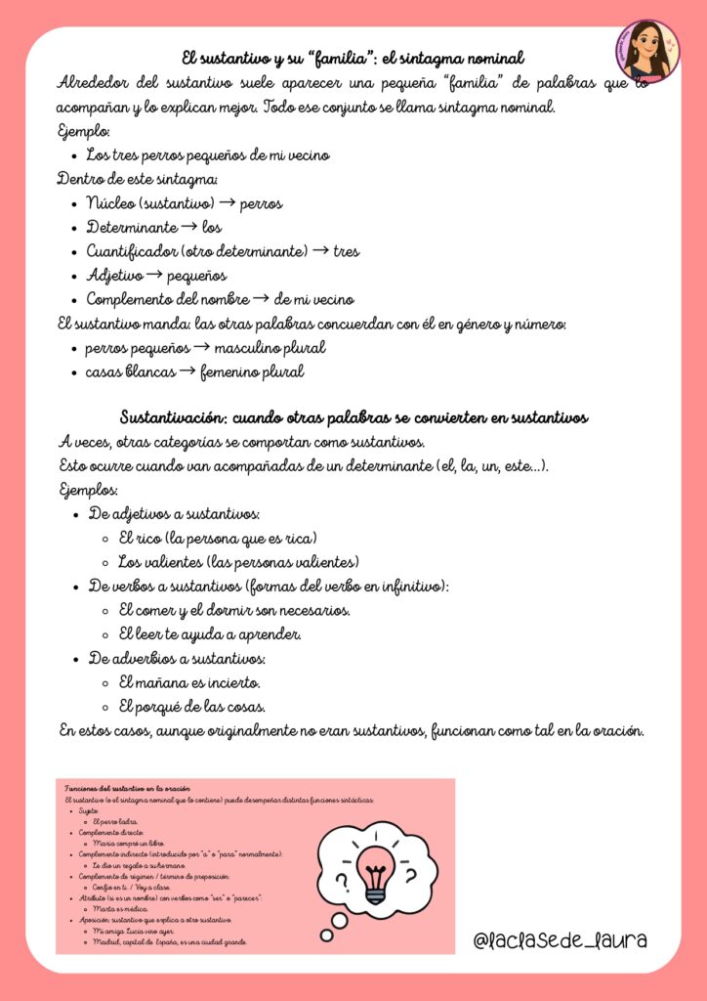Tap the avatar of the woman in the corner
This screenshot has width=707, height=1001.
coord(648,50)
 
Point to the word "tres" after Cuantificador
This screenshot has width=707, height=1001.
coord(346,251)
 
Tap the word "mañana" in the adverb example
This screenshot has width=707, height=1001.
coord(163,681)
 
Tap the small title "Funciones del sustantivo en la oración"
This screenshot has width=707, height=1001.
coord(127,788)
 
